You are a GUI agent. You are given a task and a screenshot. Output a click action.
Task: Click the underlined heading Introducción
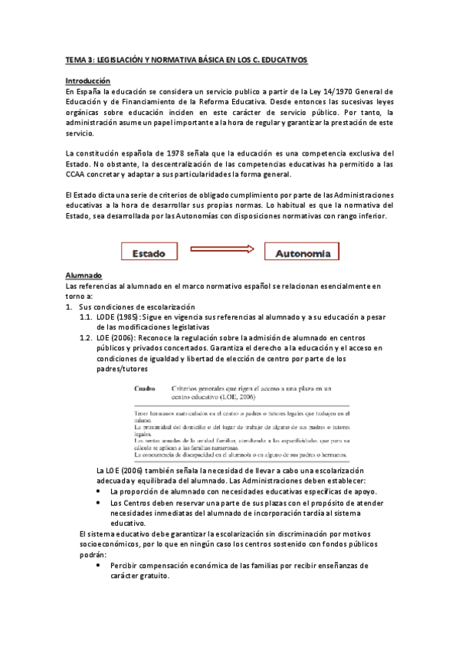[x=87, y=80]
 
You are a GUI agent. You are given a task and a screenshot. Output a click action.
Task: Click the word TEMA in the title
[x=77, y=58]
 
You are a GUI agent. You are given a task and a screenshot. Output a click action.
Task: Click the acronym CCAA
[x=77, y=177]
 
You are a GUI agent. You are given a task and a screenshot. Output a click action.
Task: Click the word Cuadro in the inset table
[x=146, y=389]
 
